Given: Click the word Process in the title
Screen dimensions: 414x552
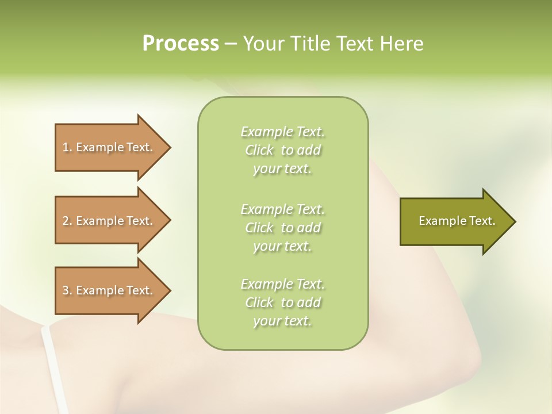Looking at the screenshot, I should tap(181, 44).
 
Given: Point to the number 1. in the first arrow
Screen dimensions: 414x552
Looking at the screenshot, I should tap(67, 147).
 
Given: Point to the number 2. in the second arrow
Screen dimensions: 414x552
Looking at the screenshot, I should tap(67, 221).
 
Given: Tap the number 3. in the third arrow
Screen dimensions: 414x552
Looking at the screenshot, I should tap(67, 290).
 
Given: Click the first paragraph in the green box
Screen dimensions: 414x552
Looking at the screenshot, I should tap(283, 150).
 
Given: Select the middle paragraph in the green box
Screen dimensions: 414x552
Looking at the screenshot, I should tap(283, 228).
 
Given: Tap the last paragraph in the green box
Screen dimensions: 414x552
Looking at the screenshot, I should tap(283, 302).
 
